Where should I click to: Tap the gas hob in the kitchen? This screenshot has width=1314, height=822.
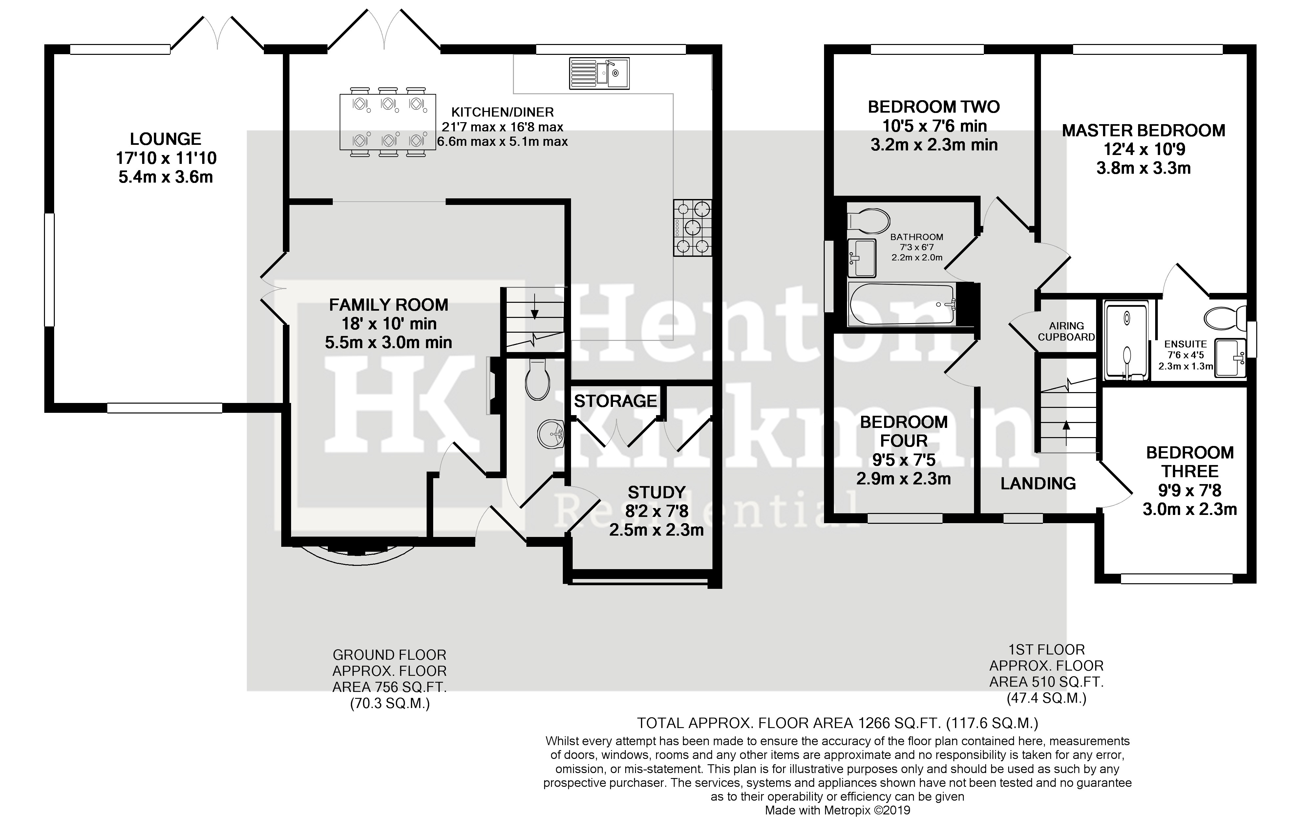[692, 228]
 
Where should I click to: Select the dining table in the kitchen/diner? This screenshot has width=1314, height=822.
[388, 122]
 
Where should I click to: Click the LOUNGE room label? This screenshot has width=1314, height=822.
[166, 139]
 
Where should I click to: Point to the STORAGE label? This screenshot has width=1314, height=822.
[615, 401]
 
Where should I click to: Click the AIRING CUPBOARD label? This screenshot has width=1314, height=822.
[1066, 331]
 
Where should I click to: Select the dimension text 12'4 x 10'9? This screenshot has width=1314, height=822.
[1143, 149]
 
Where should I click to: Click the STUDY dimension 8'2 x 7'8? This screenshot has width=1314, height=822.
[656, 511]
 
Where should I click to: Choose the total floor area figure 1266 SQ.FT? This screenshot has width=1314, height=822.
[899, 723]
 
